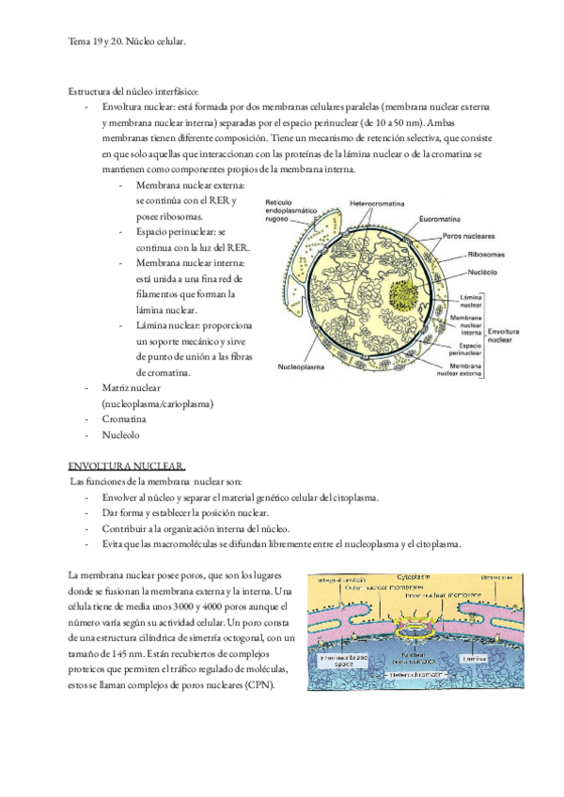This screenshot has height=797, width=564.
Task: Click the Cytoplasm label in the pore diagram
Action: point(411,573)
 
